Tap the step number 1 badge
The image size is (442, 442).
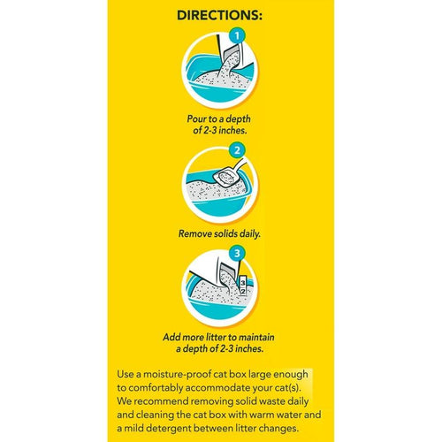236,36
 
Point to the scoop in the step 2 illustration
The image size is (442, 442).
232,177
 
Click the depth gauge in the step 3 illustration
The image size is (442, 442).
247,291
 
